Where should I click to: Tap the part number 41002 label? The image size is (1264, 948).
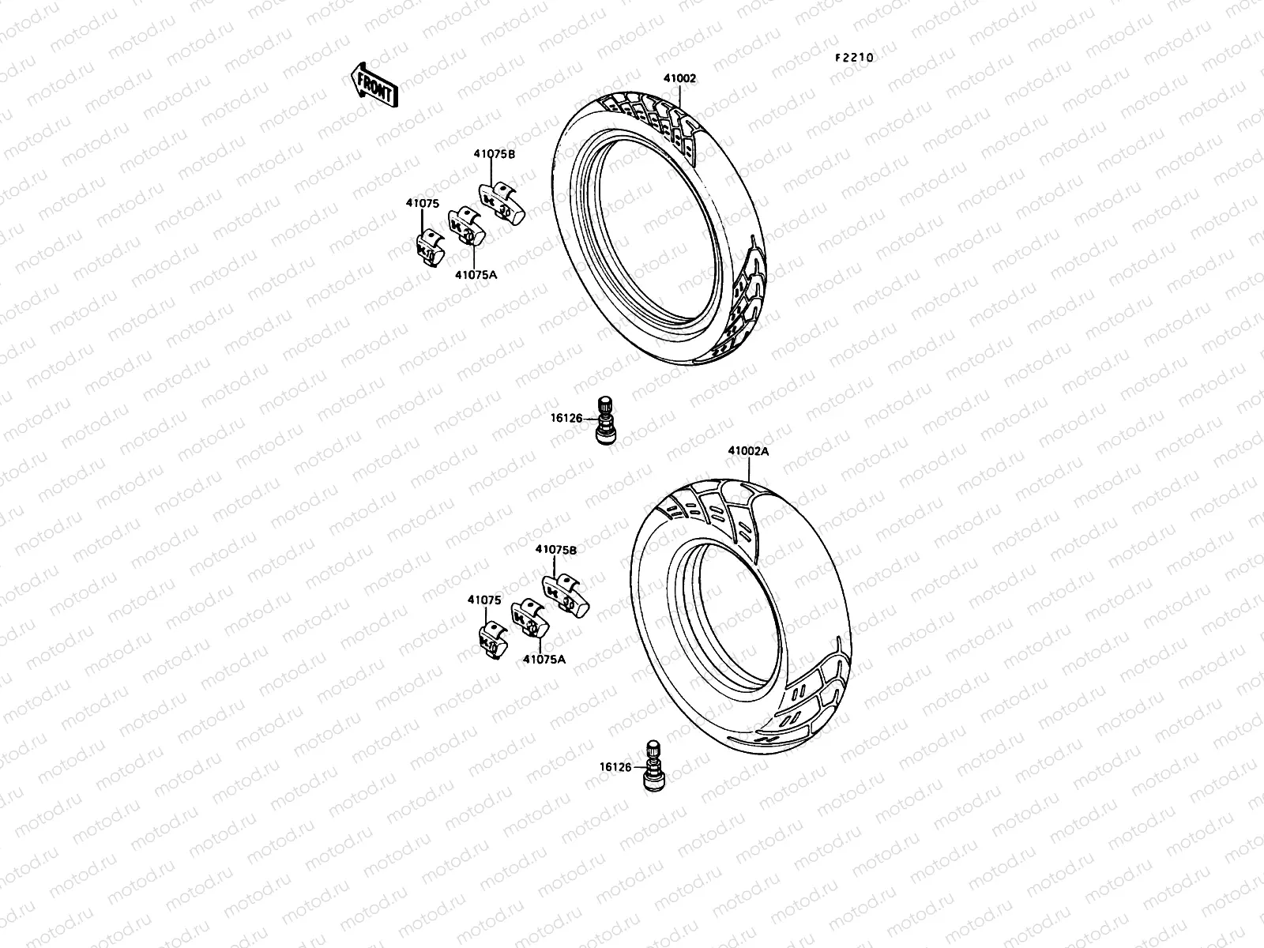coord(679,78)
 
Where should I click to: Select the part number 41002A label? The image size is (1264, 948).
coord(747,451)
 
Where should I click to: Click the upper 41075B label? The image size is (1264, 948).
coord(495,155)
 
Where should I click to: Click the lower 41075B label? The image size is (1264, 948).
coord(555,549)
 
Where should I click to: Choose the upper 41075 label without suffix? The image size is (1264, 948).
coord(423,203)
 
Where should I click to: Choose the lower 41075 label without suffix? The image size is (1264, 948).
coord(484,600)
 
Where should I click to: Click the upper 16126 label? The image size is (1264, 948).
coord(567,419)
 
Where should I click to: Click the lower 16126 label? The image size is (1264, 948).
coord(615,766)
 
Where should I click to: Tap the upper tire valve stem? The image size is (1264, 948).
coord(606,420)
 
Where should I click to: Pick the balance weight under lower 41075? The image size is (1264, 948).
coord(491,641)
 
